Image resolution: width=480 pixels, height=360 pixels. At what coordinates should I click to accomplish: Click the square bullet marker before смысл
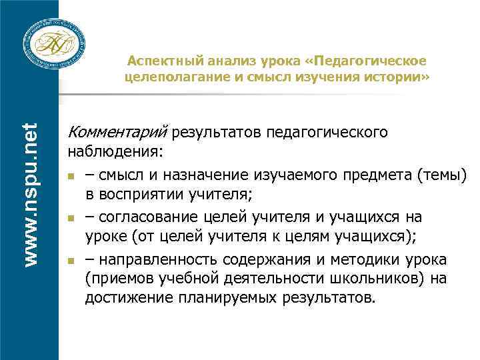pyautogui.click(x=71, y=177)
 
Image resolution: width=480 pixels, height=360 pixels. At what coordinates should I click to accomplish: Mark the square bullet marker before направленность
pyautogui.click(x=71, y=260)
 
